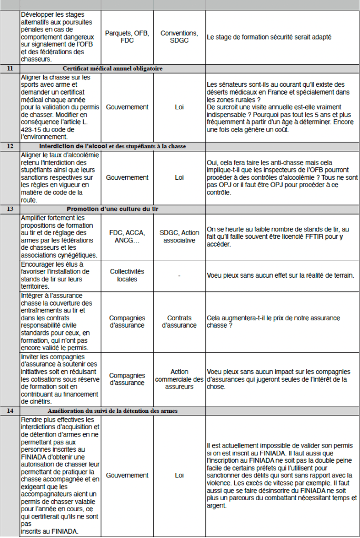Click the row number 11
point(9,69)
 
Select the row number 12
point(9,146)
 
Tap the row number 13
point(9,209)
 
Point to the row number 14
point(9,411)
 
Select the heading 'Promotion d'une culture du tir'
point(112,209)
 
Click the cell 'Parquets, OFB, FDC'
point(127,37)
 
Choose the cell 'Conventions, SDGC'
point(179,37)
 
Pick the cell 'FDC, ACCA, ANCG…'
point(127,237)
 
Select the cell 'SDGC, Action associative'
point(179,237)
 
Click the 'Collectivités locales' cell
point(127,275)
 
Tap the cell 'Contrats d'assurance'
point(179,321)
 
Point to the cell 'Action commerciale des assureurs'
point(179,379)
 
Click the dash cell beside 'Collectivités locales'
point(179,275)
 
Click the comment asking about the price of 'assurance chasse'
point(274,321)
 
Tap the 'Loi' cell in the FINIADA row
point(179,475)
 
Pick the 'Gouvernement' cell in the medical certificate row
point(127,107)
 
